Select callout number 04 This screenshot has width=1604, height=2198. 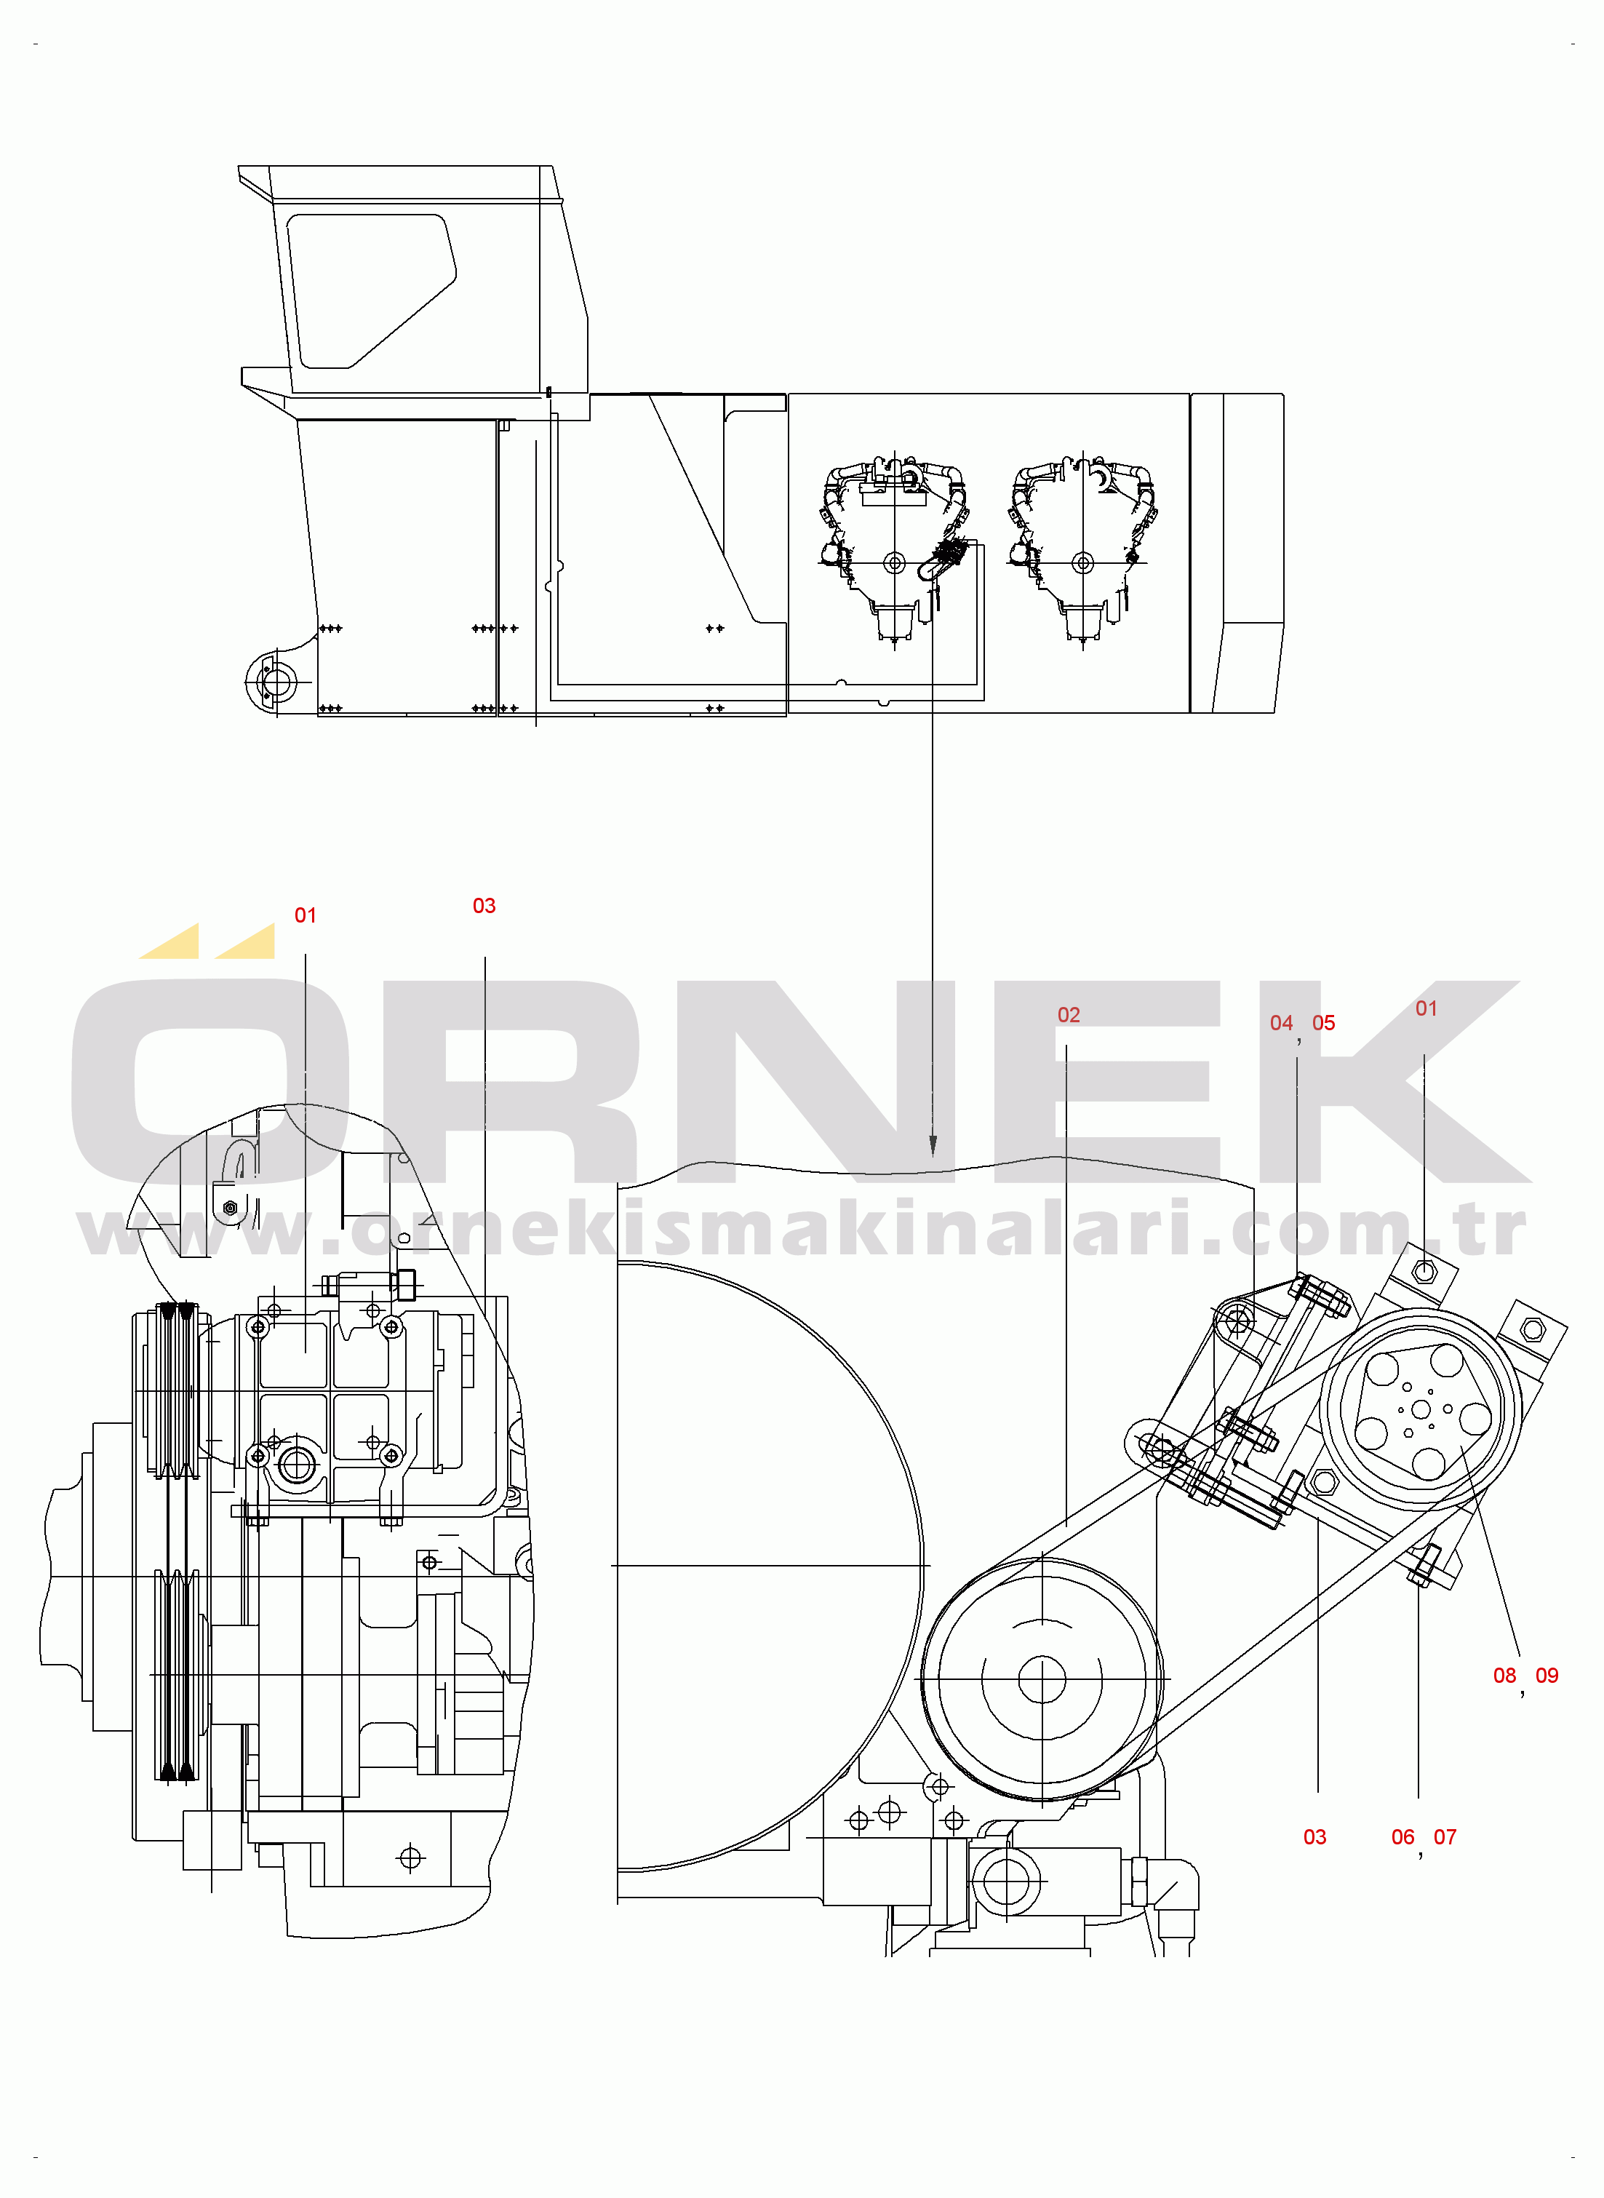(1281, 1022)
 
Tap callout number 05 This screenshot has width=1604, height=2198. (1323, 1022)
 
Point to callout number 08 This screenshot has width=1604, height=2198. (1504, 1675)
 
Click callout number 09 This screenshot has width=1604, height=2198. (1547, 1675)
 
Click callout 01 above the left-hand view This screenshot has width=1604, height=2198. (305, 915)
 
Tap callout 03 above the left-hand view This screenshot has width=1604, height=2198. (484, 905)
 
